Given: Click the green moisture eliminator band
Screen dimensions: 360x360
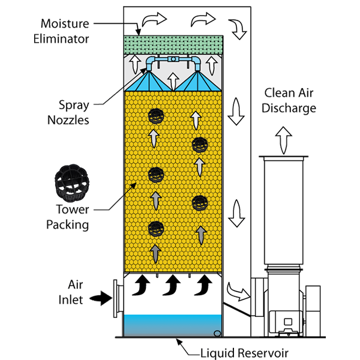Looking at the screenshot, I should pos(173,43).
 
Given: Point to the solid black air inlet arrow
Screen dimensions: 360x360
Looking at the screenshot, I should pos(100,296).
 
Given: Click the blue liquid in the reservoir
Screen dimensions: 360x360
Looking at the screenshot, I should pos(173,326).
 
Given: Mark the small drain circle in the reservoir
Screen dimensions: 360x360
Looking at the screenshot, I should pos(217,334).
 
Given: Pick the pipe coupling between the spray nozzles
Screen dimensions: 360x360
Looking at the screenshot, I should pos(173,59).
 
